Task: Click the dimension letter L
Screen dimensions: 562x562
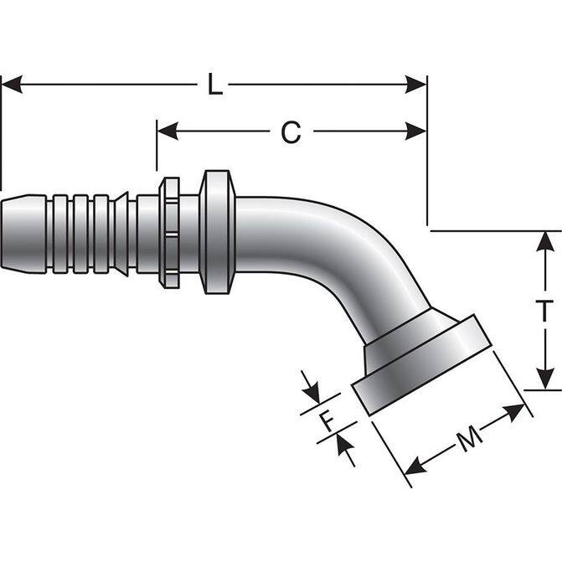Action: [x=215, y=85]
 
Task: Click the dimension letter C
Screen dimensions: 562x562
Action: [x=290, y=132]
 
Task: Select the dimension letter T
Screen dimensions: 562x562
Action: [x=544, y=310]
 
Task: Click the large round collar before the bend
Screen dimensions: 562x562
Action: [x=217, y=232]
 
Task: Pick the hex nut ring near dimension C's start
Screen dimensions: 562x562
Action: [x=169, y=232]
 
